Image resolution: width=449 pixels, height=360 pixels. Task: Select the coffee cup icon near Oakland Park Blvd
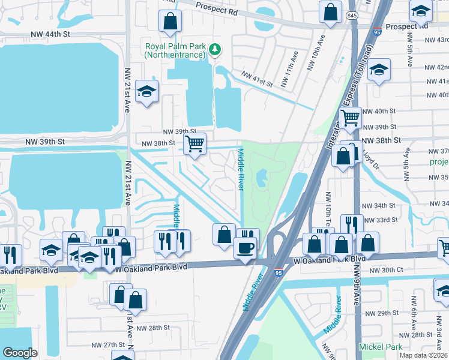tap(244, 248)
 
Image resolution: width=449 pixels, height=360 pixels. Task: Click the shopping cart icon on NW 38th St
tap(194, 144)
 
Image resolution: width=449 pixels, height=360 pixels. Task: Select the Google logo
tap(20, 353)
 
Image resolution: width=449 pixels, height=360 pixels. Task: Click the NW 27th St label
tap(107, 345)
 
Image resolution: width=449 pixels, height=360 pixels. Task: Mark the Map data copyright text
tap(423, 355)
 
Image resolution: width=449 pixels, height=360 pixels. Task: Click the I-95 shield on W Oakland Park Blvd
tap(278, 272)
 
